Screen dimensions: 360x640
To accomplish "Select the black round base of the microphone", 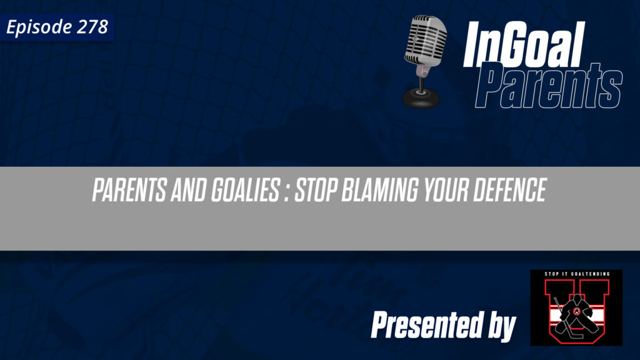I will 420,97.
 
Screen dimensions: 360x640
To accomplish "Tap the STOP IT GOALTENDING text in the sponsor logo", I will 576,276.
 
